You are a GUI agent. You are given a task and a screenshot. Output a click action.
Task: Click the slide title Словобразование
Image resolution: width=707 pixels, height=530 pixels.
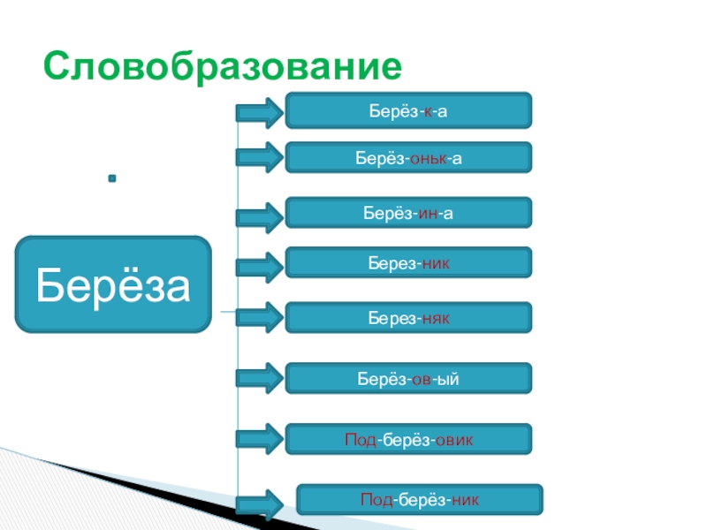tap(224, 66)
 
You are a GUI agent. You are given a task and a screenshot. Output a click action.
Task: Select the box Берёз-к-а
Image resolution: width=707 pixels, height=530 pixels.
tap(408, 110)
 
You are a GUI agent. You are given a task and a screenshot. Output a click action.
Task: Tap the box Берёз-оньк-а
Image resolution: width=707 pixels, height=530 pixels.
tap(408, 157)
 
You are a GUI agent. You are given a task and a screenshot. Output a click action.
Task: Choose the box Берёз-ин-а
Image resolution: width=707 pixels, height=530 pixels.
tap(408, 213)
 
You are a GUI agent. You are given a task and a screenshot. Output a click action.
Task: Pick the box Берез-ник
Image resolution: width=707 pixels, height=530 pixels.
tap(408, 262)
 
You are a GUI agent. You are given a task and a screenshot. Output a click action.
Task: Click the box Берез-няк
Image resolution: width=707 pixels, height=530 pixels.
tap(408, 317)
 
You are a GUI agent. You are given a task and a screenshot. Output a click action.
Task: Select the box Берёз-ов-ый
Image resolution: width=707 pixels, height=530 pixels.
tap(408, 378)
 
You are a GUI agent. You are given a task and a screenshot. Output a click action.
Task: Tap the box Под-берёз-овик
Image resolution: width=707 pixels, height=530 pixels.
tap(408, 439)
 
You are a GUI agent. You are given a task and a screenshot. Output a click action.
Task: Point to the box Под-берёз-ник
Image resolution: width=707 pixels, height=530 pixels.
tap(420, 499)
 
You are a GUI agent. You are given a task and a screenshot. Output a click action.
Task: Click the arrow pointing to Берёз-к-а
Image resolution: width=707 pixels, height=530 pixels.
tap(259, 112)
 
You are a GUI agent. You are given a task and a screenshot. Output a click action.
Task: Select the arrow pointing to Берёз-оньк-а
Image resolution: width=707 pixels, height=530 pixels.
tap(259, 158)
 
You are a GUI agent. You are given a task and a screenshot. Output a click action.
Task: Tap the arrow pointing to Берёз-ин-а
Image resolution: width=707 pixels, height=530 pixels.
tap(259, 215)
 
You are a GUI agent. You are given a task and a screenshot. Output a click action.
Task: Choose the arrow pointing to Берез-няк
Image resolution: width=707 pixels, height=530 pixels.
tap(259, 317)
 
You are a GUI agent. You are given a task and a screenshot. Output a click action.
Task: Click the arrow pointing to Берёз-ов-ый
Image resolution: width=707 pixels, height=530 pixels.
tap(259, 378)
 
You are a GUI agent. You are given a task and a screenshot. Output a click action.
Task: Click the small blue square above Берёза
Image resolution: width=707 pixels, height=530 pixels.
tap(112, 179)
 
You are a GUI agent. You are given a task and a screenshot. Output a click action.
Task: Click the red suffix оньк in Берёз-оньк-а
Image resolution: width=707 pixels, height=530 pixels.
tap(428, 157)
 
